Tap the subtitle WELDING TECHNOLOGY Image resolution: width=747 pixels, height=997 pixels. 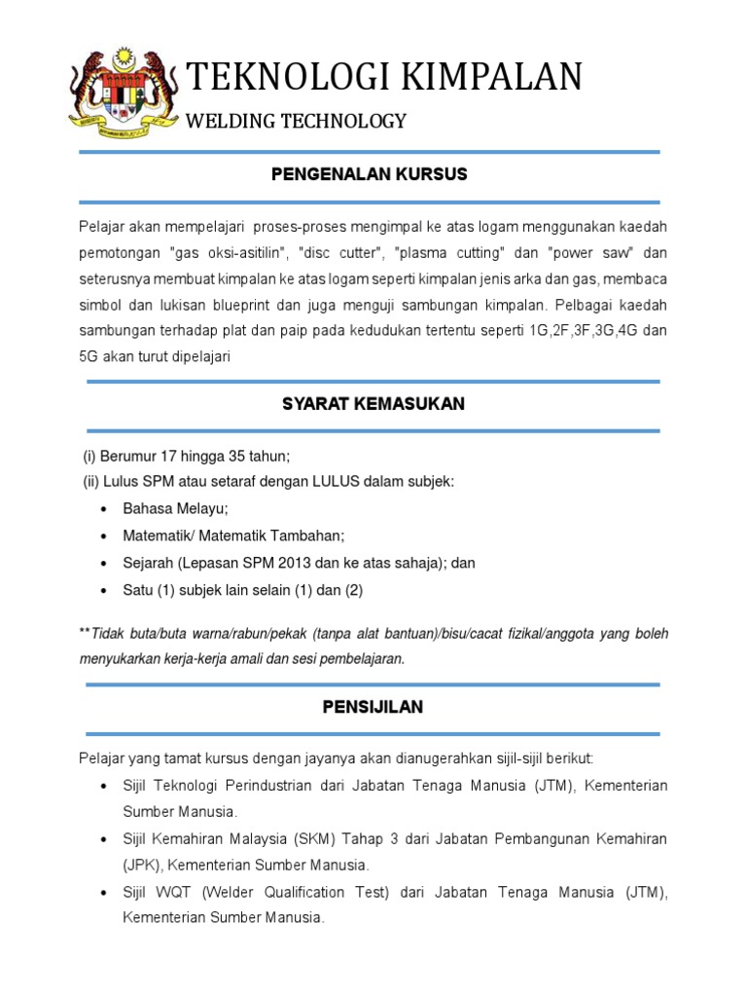click(296, 122)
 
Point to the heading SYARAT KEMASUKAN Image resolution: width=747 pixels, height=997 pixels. click(373, 404)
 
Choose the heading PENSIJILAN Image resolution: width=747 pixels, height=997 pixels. click(373, 707)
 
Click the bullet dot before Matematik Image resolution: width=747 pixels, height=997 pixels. click(105, 536)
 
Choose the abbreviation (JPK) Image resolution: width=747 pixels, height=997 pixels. click(141, 865)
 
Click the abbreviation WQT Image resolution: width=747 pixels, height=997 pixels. click(166, 892)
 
